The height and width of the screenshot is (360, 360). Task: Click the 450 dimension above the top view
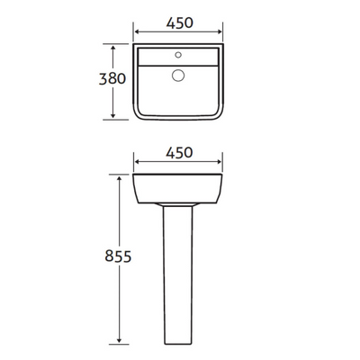coord(178,24)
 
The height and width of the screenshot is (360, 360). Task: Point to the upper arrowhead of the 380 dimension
coord(114,46)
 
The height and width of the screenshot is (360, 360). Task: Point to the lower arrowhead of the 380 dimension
coord(114,116)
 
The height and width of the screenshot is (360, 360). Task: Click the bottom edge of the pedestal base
coord(178,344)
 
